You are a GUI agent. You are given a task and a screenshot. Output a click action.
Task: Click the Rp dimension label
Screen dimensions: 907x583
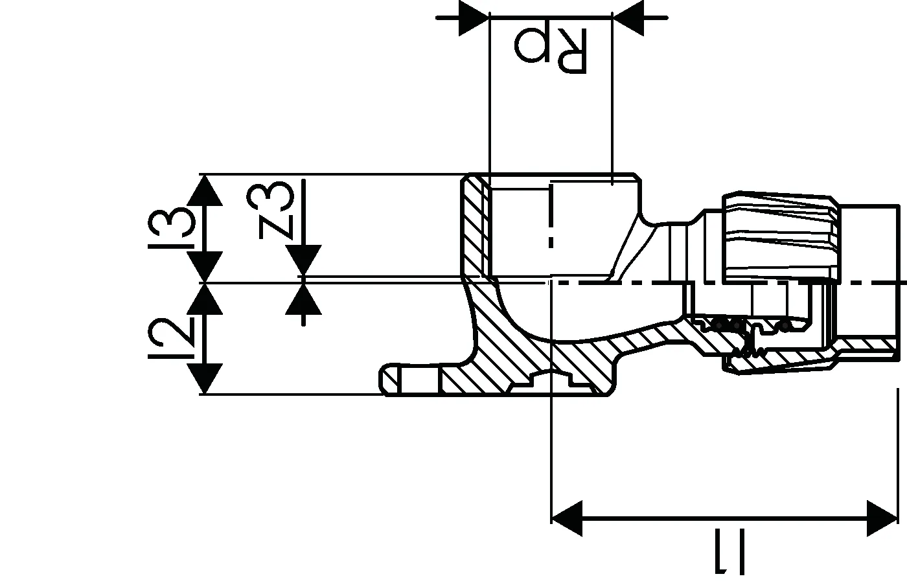551,51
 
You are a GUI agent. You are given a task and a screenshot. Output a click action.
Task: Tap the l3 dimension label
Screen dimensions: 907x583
171,228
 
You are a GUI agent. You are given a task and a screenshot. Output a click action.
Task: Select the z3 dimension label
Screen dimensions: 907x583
270,210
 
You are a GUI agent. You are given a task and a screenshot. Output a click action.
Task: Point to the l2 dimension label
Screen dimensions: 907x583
171,338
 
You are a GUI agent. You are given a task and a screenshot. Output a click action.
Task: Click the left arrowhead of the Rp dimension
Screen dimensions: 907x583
474,18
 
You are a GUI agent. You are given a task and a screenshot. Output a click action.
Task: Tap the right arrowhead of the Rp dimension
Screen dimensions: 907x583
628,18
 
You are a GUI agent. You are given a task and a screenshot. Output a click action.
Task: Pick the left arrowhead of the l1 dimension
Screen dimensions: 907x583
566,518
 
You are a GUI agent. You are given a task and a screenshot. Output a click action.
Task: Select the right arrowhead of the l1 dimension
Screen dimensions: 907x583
882,518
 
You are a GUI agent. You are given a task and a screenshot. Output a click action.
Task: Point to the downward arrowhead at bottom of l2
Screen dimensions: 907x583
205,378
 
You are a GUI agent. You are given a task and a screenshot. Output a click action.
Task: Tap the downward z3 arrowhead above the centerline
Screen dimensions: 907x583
303,260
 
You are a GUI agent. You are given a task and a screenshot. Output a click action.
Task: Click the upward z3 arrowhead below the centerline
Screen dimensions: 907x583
303,299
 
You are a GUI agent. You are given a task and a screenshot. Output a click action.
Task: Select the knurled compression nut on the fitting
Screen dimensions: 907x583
779,239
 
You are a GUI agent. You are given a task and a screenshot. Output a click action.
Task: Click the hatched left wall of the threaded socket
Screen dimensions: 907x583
476,227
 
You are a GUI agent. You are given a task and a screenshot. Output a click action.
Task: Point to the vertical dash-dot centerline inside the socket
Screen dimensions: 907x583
551,216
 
